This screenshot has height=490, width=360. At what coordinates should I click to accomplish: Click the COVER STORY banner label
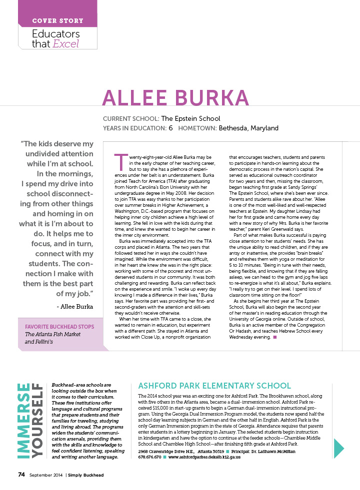pyautogui.click(x=57, y=20)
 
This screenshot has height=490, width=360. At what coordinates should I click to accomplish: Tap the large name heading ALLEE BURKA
pyautogui.click(x=175, y=97)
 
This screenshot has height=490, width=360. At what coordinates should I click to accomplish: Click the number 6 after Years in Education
pyautogui.click(x=170, y=128)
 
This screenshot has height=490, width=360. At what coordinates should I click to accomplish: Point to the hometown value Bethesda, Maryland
pyautogui.click(x=248, y=128)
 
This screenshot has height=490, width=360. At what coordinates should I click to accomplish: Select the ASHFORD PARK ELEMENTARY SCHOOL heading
pyautogui.click(x=214, y=386)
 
